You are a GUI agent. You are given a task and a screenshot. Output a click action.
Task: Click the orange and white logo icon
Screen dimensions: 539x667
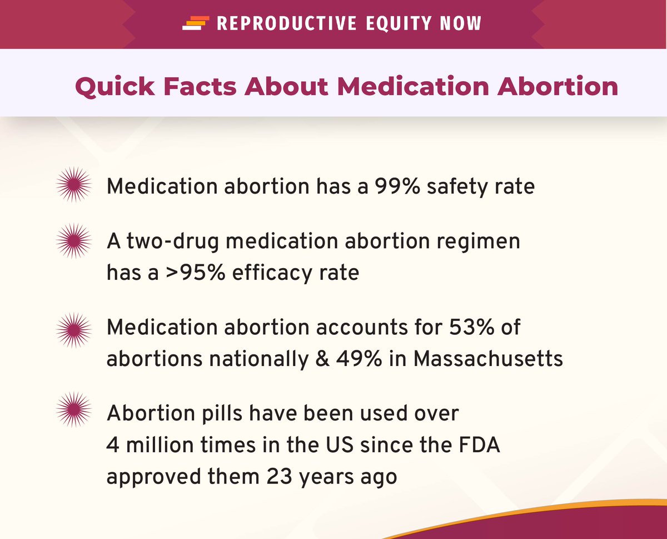pyautogui.click(x=195, y=23)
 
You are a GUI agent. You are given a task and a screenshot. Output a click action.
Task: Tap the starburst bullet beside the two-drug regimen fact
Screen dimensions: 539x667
pyautogui.click(x=74, y=241)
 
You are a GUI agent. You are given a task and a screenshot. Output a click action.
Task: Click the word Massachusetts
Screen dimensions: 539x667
pyautogui.click(x=489, y=359)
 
